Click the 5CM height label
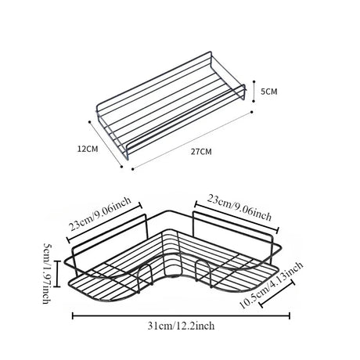pyautogui.click(x=269, y=92)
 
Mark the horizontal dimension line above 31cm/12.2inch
pyautogui.click(x=181, y=316)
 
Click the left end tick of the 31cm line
pyautogui.click(x=73, y=316)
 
